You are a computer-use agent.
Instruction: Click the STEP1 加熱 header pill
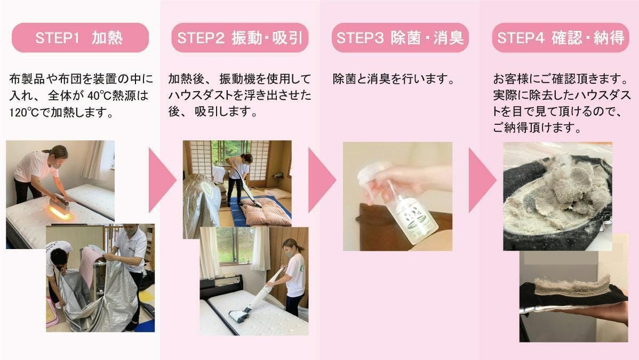coord(81,37)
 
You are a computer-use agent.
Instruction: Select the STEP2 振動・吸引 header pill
coord(239,37)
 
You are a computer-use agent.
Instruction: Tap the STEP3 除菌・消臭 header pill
coord(400,37)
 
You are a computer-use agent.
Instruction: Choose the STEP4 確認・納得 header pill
coord(561,37)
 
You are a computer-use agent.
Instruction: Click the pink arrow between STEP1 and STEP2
coord(161,180)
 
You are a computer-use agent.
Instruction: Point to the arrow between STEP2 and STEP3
coord(321,180)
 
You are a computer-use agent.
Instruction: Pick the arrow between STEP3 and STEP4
coord(482,180)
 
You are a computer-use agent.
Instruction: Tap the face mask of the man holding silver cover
coord(130,232)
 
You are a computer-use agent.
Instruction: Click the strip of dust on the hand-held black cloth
coord(572,284)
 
